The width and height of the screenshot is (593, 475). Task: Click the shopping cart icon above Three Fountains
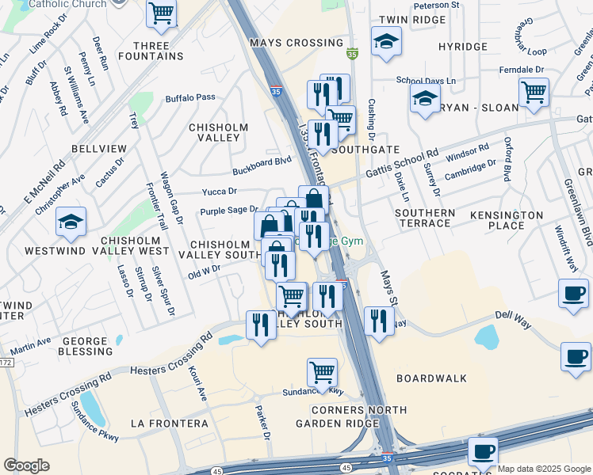[x=162, y=13]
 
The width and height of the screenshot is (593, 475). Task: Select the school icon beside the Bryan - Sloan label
[x=425, y=99]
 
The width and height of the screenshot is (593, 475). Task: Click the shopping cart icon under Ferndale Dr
[x=534, y=92]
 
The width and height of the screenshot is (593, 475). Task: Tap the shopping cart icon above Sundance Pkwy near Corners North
[x=322, y=371]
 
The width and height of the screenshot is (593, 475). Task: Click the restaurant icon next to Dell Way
[x=379, y=321]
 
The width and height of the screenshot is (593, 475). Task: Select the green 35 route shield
[x=352, y=55]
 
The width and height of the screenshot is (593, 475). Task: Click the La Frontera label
[x=169, y=424]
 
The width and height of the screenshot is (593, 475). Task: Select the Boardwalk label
[x=432, y=378]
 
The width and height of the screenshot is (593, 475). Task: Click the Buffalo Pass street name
[x=190, y=97]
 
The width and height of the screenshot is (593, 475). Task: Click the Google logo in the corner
[x=27, y=465]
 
